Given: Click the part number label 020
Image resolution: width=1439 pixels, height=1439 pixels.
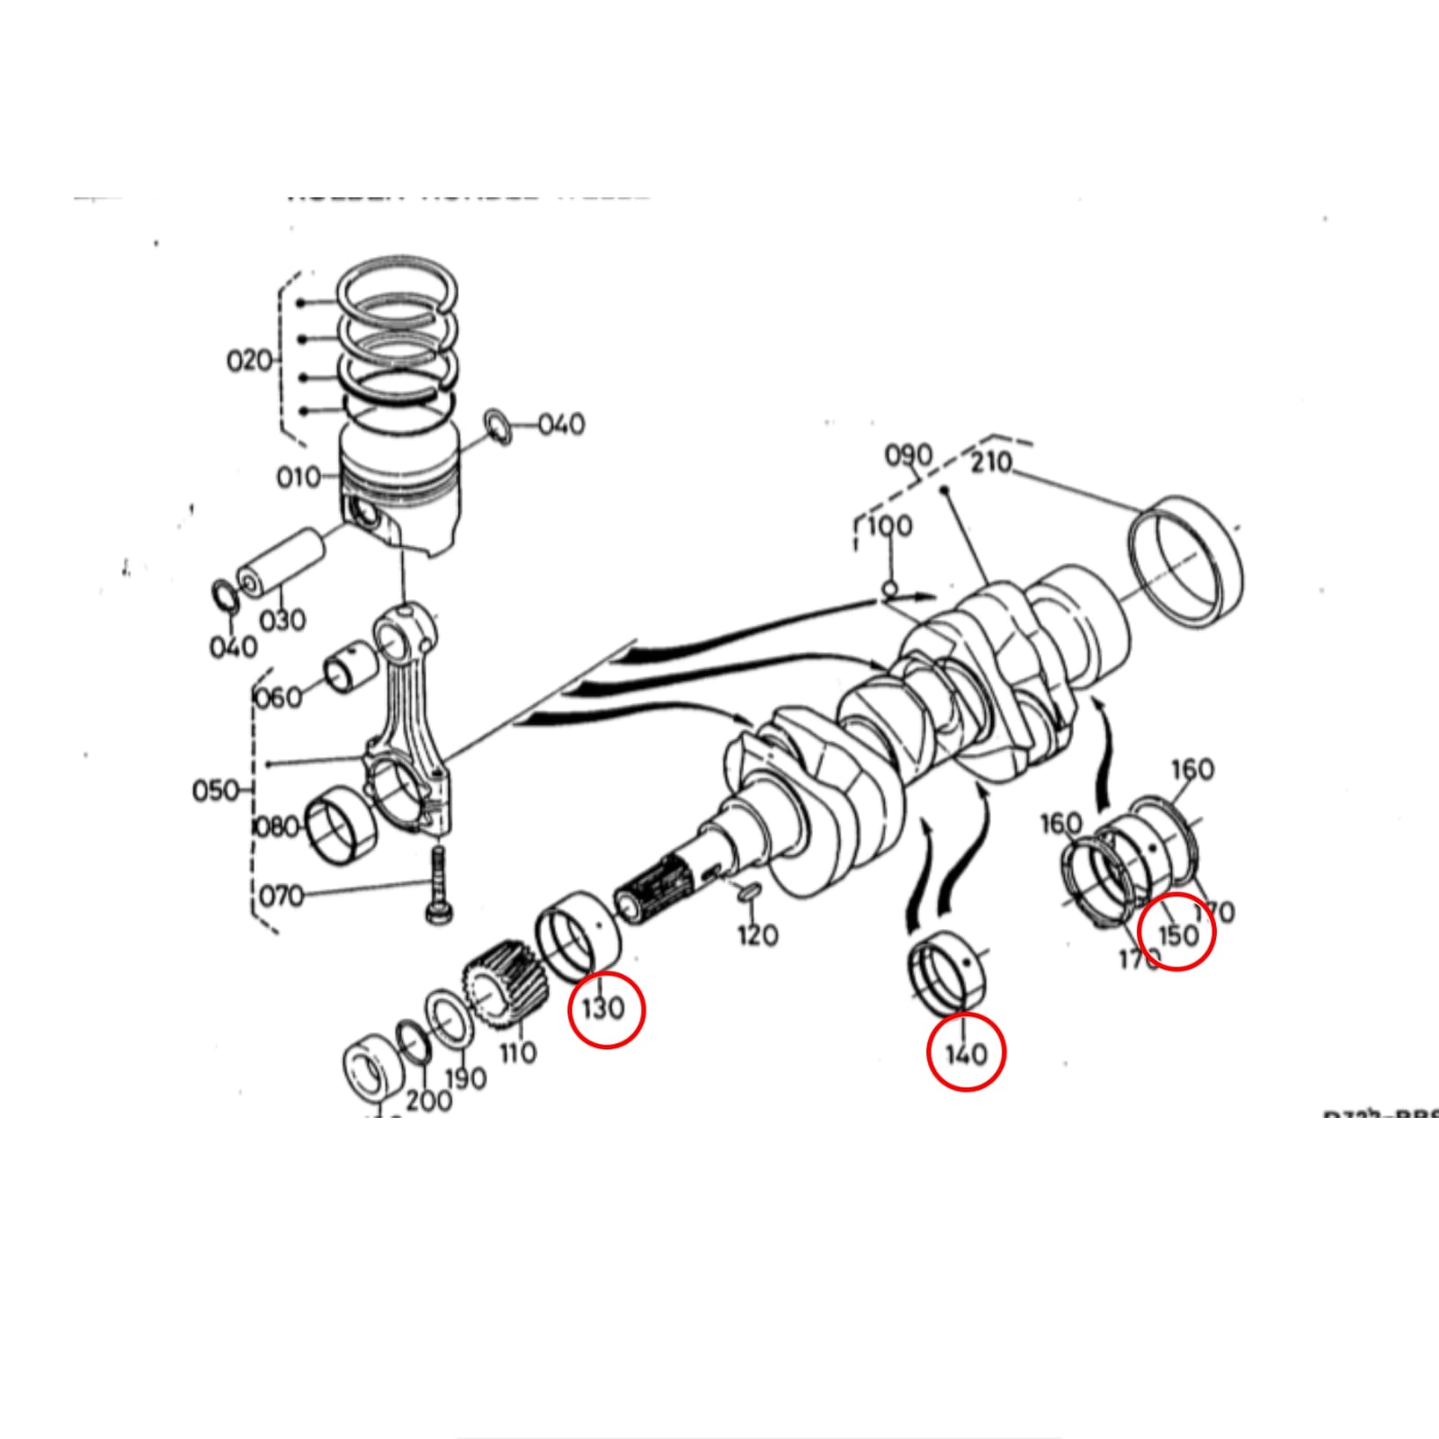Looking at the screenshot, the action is point(249,361).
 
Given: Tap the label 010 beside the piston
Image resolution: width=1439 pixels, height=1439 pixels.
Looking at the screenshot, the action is point(298,477).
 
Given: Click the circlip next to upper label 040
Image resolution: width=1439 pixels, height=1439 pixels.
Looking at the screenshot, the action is point(497,426).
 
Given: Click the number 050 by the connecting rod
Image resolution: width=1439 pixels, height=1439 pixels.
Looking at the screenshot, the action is point(216,791).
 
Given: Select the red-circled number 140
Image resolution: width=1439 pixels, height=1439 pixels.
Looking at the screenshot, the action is point(966,1053).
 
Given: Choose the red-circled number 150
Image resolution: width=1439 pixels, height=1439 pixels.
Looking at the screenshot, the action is point(1177,934).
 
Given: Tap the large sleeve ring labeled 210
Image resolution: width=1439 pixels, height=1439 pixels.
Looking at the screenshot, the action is point(1186,559).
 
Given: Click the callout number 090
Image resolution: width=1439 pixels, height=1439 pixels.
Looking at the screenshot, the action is point(908,455).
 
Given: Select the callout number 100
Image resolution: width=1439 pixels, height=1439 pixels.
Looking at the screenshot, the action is point(889,525).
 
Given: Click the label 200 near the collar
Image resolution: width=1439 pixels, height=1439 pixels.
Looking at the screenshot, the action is point(428,1100).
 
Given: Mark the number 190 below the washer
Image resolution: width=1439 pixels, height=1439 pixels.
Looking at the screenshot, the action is point(465,1077).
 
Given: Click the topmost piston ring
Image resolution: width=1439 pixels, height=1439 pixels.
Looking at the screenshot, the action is point(398,286).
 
